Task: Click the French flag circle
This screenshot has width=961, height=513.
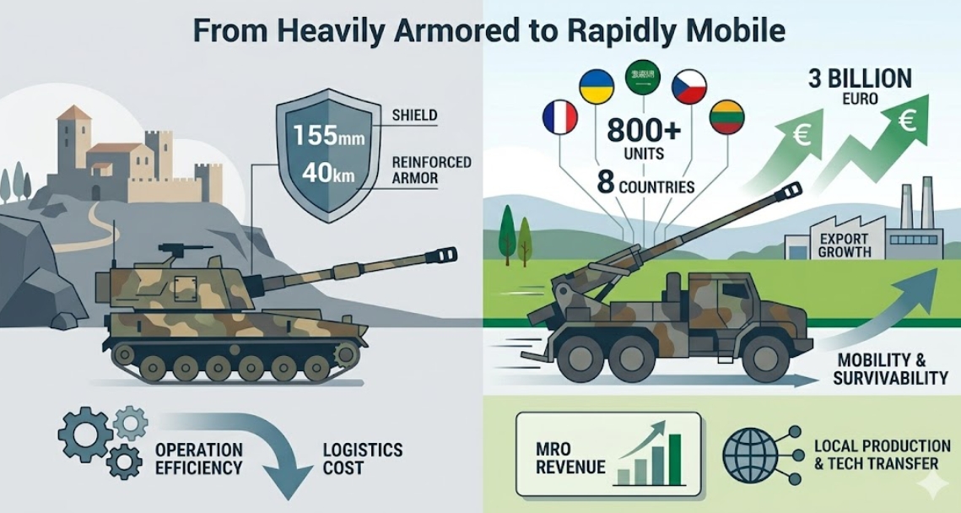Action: click(559, 117)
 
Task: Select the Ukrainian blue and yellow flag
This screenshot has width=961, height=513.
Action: click(597, 85)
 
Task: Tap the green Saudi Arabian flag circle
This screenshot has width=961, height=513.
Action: click(642, 78)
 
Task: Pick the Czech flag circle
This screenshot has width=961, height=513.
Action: click(689, 86)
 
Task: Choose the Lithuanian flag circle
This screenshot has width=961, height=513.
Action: click(727, 117)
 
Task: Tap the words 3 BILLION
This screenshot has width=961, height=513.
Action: click(859, 79)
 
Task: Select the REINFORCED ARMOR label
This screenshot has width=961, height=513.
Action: click(431, 170)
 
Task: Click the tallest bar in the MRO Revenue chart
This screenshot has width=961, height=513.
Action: click(675, 459)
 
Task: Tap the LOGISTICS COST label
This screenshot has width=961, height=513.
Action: click(362, 459)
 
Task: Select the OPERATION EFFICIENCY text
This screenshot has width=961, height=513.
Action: click(198, 459)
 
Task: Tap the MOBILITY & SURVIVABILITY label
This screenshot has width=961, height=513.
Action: click(890, 369)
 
